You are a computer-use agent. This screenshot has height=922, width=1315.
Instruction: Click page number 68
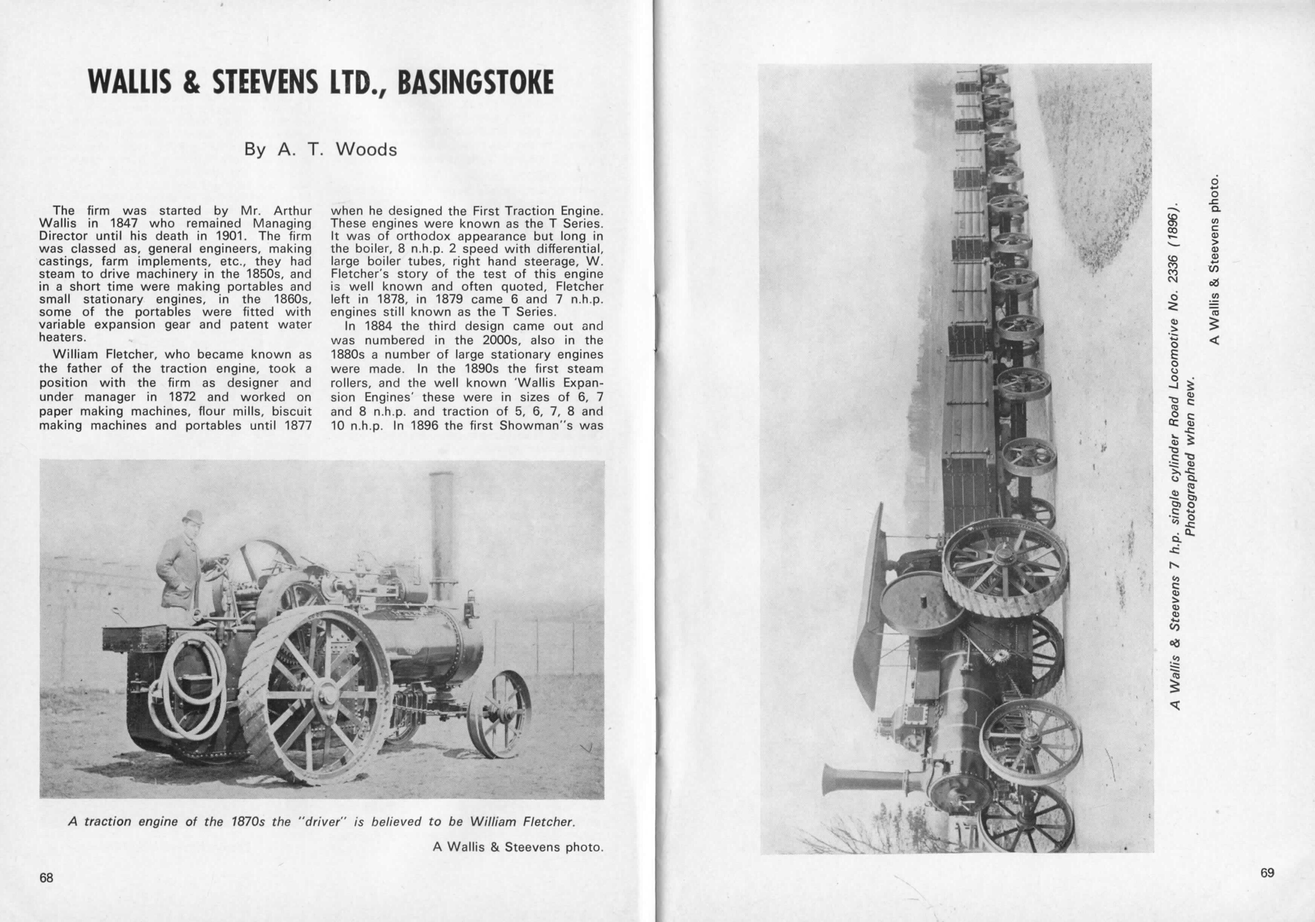pyautogui.click(x=46, y=877)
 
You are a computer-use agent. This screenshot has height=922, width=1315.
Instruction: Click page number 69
pyautogui.click(x=1268, y=873)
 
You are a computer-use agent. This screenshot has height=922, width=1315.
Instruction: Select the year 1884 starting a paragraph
pyautogui.click(x=377, y=326)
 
